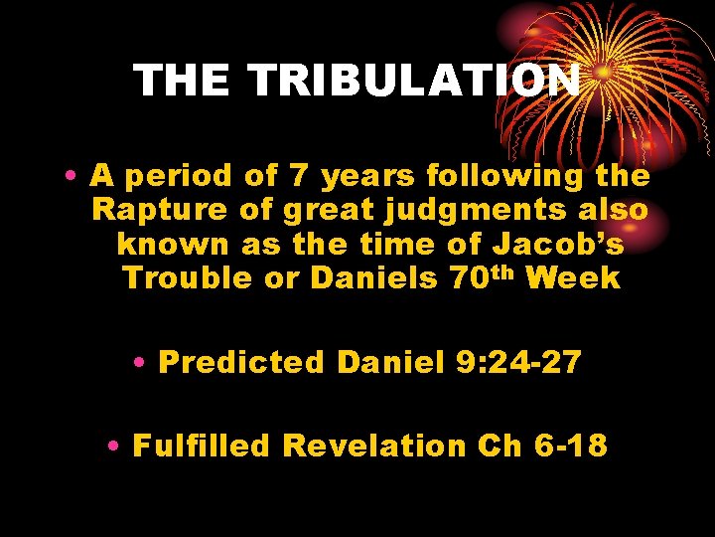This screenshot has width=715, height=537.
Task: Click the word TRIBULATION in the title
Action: click(415, 81)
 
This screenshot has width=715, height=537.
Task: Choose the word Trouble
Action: click(181, 277)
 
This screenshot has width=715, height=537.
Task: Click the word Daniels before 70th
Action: click(373, 277)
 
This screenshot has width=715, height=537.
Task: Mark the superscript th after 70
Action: click(500, 271)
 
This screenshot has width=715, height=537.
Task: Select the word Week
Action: click(573, 277)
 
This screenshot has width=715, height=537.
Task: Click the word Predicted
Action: click(241, 362)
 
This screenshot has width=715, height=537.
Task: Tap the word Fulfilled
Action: click(201, 446)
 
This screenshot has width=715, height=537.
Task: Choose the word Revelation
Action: click(373, 446)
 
